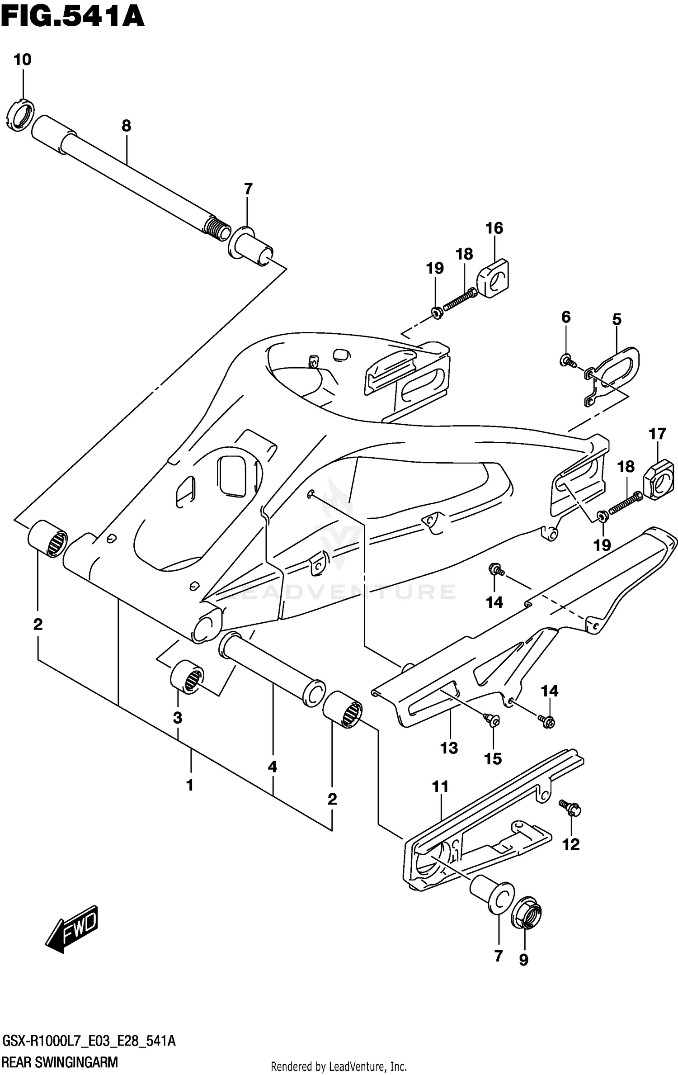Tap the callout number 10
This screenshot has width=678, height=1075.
[x=22, y=60]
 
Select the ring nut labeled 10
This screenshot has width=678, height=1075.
[x=21, y=116]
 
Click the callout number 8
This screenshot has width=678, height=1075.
[x=126, y=126]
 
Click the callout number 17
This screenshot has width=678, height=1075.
[x=657, y=434]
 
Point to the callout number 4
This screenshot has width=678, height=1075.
[x=272, y=767]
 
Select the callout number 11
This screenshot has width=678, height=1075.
[x=440, y=786]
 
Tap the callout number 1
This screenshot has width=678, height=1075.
[x=190, y=785]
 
